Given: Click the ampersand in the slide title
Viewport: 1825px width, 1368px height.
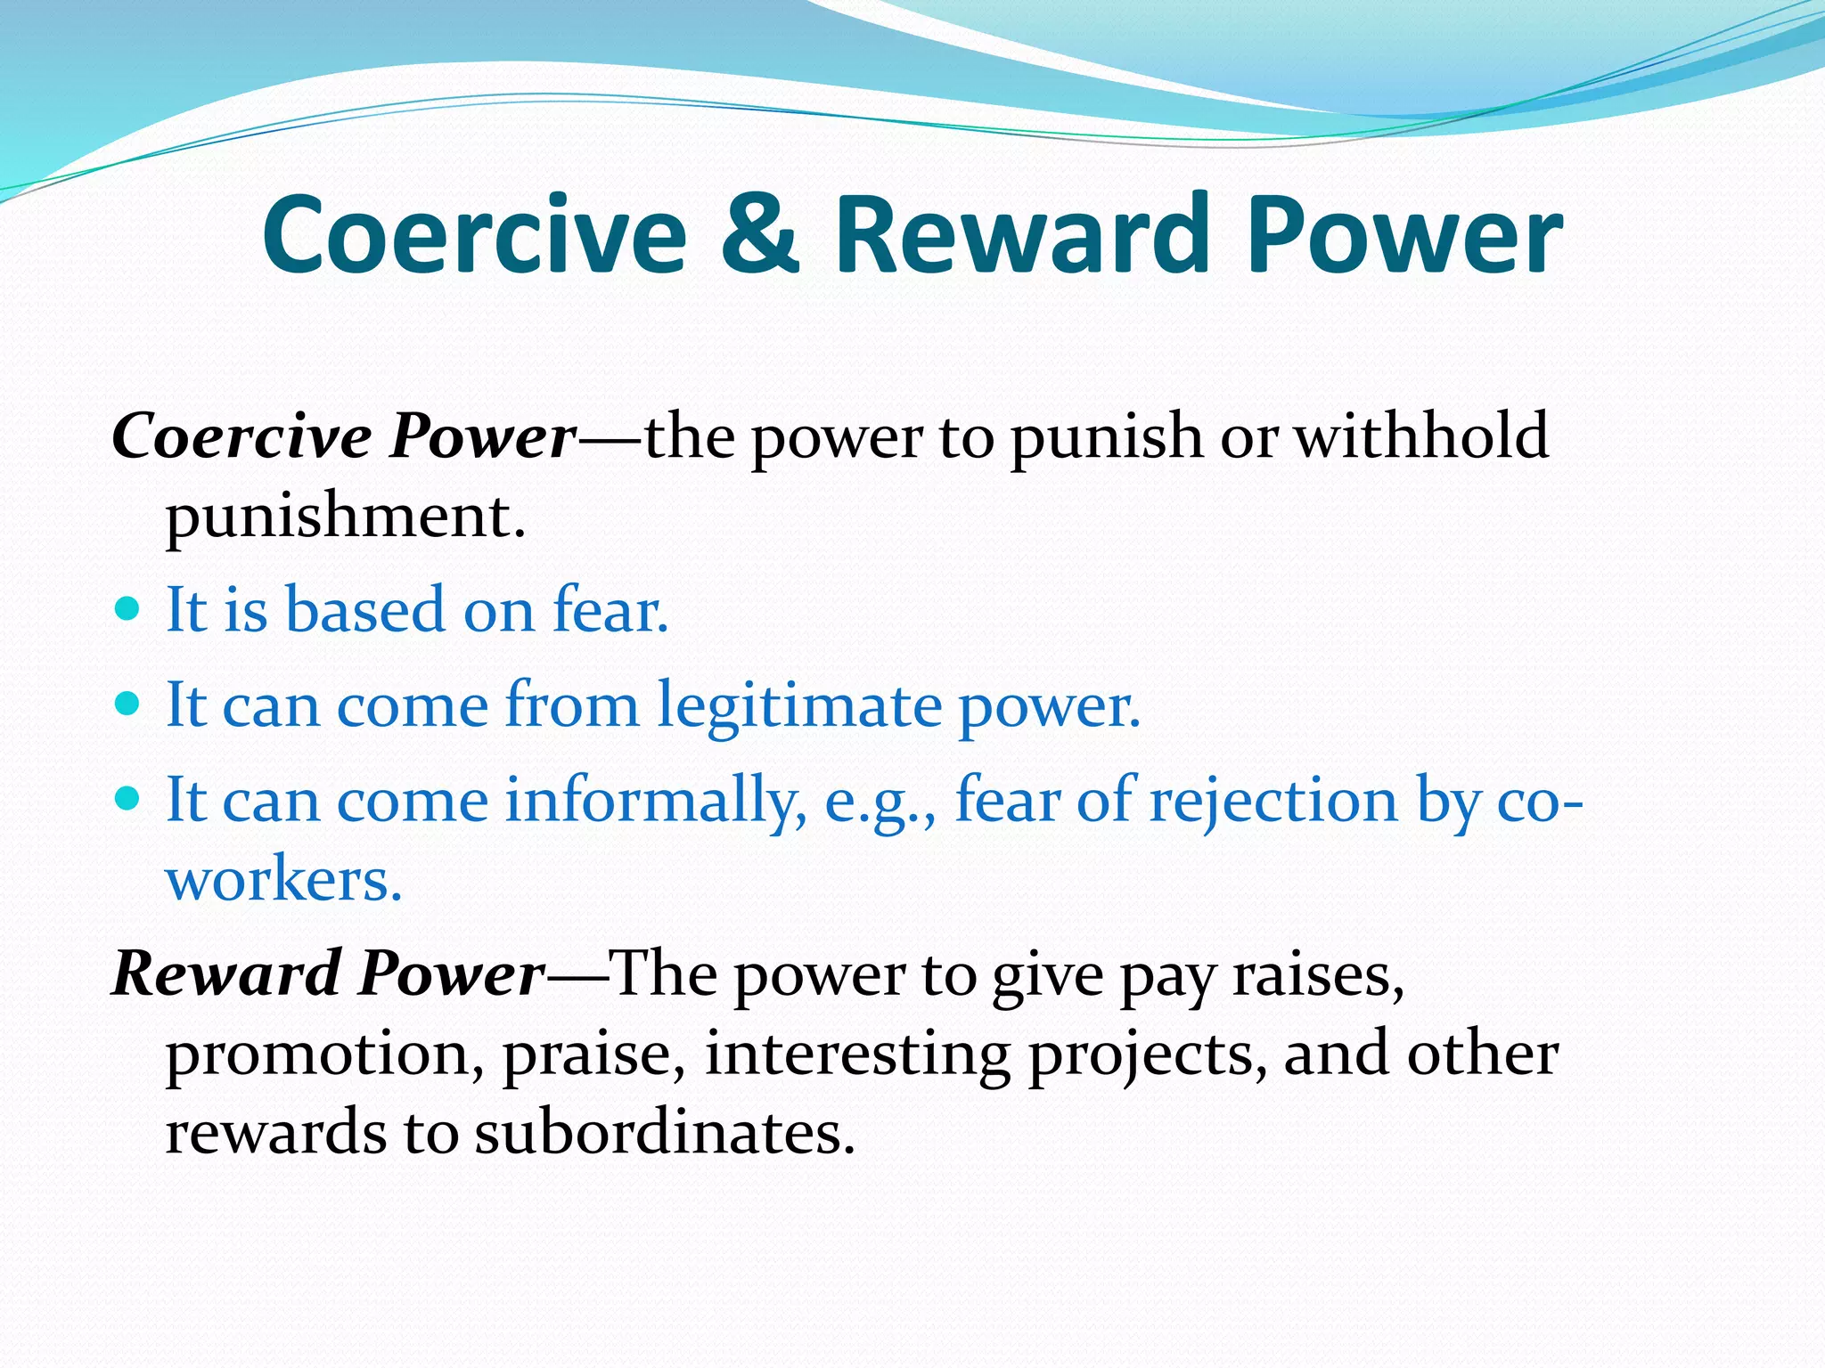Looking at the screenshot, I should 758,235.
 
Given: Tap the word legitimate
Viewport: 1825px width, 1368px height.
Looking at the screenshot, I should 799,705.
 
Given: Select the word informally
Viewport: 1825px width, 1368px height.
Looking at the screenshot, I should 655,800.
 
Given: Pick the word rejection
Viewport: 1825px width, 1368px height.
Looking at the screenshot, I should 1273,800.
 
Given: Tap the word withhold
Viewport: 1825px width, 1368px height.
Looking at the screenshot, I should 1420,436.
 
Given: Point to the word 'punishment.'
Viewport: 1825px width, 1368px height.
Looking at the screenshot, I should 346,517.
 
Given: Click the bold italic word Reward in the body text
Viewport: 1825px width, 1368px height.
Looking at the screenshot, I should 226,973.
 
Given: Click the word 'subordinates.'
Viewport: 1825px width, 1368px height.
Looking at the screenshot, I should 664,1133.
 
